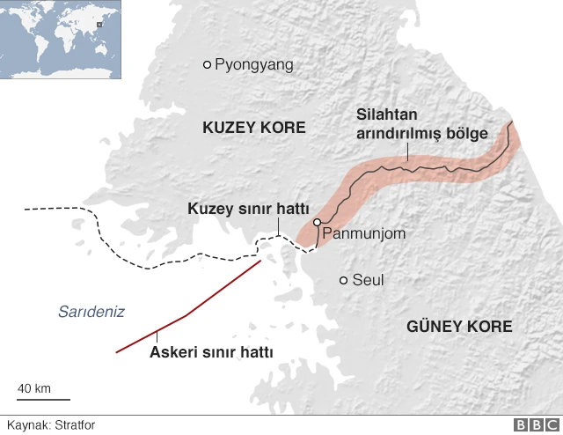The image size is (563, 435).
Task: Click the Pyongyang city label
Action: coord(253,64)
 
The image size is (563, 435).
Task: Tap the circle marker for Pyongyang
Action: coord(208,64)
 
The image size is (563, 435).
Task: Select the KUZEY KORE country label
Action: coord(253,128)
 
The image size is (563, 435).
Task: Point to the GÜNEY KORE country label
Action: coord(459,327)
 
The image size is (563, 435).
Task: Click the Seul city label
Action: coord(368,281)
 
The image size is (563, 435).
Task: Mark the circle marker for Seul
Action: coord(343,281)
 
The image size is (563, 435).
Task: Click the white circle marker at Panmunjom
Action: coord(317,223)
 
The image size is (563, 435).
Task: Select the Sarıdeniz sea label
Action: coord(91,311)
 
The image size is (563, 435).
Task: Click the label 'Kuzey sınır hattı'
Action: coord(248,209)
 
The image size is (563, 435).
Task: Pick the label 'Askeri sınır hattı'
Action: coord(211,352)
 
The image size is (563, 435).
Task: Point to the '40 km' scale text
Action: coord(34,388)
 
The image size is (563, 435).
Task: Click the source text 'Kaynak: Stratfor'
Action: coord(51,425)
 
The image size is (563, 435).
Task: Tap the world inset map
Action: coord(62,40)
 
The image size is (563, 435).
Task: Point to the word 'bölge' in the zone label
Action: coord(467,133)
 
